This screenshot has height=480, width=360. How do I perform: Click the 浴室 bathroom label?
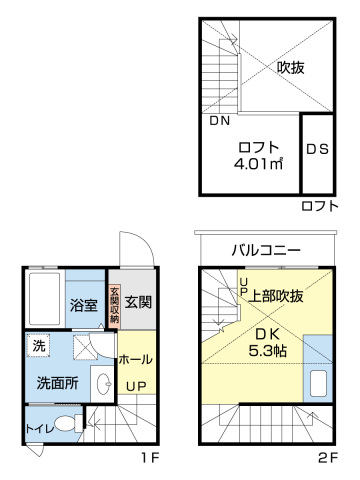click(x=83, y=305)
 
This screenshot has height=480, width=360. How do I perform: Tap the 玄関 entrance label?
click(x=139, y=301)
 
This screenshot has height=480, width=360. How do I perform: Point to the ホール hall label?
click(x=136, y=358)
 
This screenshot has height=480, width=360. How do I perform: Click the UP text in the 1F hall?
click(x=137, y=385)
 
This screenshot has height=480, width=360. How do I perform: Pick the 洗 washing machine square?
click(x=39, y=346)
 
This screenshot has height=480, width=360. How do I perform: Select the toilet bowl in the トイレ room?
click(x=64, y=424)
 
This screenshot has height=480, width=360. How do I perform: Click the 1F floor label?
click(x=148, y=459)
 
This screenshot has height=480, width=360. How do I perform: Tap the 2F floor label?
click(x=327, y=459)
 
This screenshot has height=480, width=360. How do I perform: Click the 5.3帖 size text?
click(x=268, y=351)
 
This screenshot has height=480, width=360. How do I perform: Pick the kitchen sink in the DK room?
click(x=319, y=384)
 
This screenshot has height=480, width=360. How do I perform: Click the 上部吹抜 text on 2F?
click(x=277, y=296)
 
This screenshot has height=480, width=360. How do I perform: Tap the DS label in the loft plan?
click(x=317, y=150)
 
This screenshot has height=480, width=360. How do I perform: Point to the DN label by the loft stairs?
click(x=220, y=121)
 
